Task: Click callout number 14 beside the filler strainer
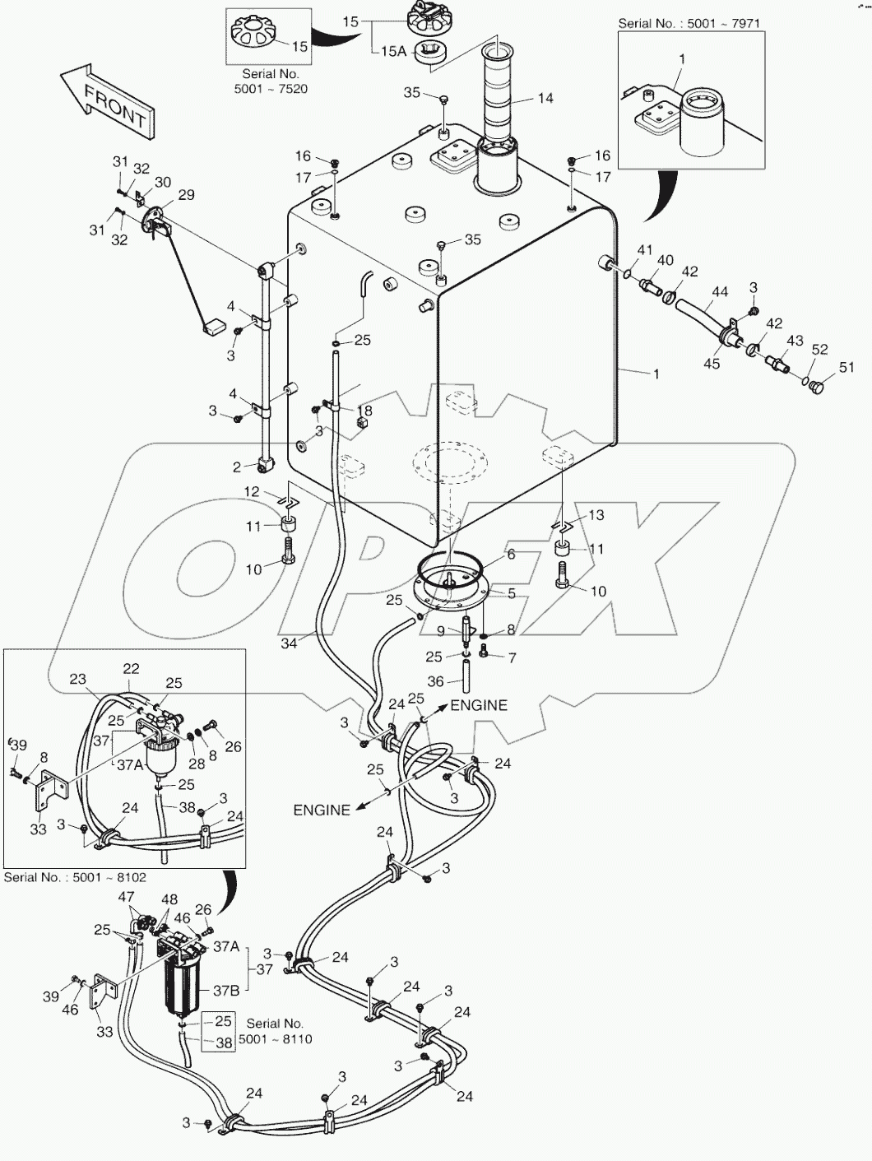545,99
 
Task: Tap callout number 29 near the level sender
186,195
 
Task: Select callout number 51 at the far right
846,368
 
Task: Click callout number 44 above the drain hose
720,292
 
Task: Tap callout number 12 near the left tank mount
252,492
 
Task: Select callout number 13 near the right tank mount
596,515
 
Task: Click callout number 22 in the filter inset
132,669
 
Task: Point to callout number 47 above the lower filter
126,896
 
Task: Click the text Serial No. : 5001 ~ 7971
676,24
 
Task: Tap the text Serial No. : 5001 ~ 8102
75,877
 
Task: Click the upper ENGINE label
479,705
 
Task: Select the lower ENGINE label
322,810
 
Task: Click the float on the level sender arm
214,327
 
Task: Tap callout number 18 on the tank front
364,411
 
